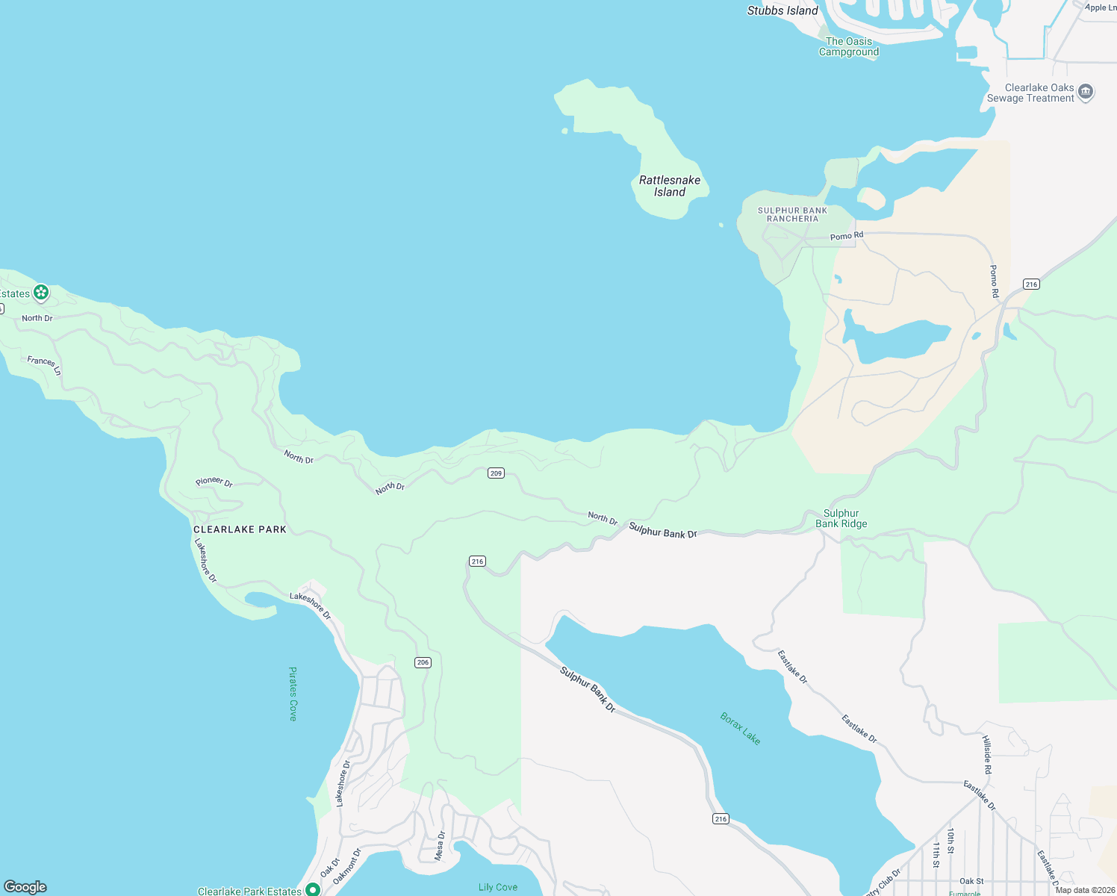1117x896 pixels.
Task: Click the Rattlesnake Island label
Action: (670, 186)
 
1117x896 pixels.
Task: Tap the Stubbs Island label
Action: (782, 10)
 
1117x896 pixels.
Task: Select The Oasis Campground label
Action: (848, 46)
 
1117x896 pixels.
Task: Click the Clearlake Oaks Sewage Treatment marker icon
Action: (1086, 92)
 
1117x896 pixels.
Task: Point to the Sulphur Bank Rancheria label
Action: (792, 214)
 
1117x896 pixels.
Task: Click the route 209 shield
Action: (497, 473)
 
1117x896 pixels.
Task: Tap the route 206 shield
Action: (423, 662)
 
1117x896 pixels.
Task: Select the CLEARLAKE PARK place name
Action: (240, 529)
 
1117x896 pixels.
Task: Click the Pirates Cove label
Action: (293, 694)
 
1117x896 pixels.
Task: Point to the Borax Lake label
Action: (740, 728)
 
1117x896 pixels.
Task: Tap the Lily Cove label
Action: (498, 887)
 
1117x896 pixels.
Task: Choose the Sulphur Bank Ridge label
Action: (841, 518)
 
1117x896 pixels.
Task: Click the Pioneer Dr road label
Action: (214, 482)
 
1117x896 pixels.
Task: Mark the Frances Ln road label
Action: (44, 364)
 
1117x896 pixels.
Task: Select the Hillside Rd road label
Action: (986, 754)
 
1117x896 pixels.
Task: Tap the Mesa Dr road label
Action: (441, 845)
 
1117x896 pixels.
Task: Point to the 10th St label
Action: (950, 840)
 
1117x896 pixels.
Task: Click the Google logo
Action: (25, 887)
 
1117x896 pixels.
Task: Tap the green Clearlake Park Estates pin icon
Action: (313, 889)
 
